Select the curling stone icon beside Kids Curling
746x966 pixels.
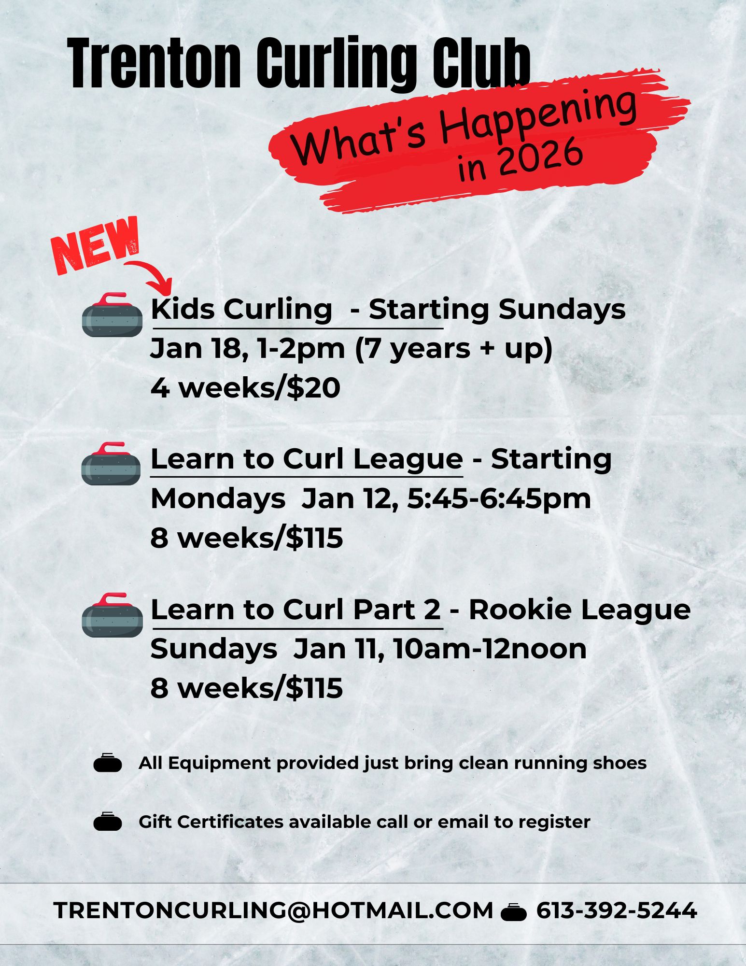click(113, 314)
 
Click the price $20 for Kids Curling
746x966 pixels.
click(313, 388)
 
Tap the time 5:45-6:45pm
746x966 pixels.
click(499, 498)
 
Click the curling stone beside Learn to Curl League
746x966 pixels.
click(112, 464)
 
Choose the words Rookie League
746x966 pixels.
click(580, 610)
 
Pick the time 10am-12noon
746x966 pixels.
click(490, 649)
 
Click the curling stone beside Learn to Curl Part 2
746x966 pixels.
click(113, 615)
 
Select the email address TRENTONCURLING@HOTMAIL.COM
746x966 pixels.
click(274, 910)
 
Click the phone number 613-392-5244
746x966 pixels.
click(617, 910)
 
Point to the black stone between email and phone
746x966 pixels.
click(514, 912)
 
